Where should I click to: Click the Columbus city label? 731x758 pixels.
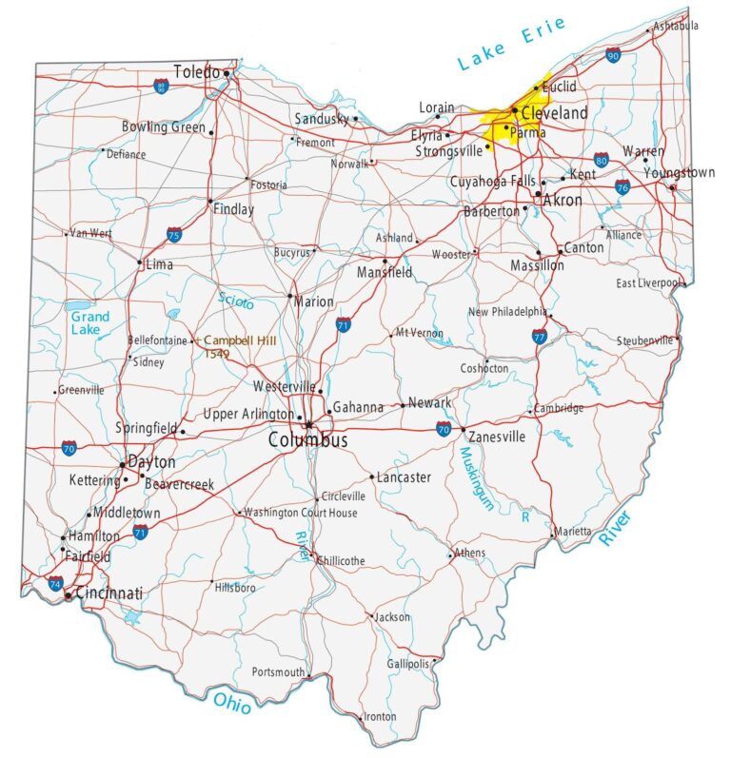tap(307, 440)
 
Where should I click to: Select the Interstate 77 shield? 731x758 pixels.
tap(540, 337)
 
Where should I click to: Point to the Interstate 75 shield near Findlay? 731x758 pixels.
tap(173, 234)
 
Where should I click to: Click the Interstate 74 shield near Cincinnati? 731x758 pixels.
tap(55, 583)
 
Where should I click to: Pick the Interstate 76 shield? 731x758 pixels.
tap(622, 186)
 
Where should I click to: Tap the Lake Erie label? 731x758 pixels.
tap(510, 45)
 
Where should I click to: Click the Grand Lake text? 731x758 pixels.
tap(89, 323)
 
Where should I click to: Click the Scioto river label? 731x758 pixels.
tap(235, 301)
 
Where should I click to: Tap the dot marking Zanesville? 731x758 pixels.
tap(464, 430)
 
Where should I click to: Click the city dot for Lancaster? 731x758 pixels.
tap(372, 476)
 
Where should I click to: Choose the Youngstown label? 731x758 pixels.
tap(679, 173)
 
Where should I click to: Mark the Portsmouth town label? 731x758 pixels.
tap(278, 671)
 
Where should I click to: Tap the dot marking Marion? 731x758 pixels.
tap(290, 296)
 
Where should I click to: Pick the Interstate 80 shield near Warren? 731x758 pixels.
tap(601, 159)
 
